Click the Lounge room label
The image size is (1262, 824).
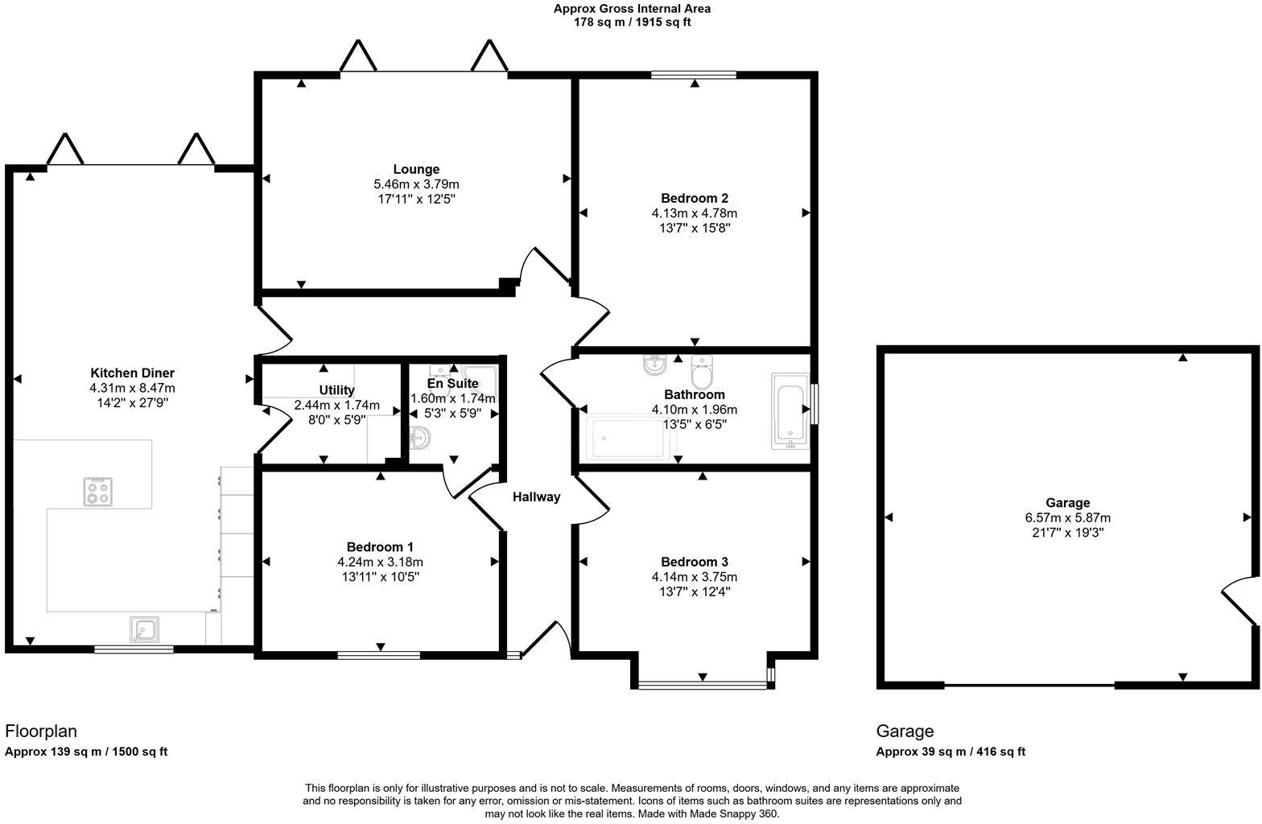click(x=416, y=170)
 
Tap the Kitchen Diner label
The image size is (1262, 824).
click(x=132, y=373)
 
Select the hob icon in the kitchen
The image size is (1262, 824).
click(x=98, y=491)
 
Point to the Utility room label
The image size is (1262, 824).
click(x=336, y=390)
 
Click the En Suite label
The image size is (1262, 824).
click(x=453, y=384)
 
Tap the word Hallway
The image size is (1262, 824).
click(x=536, y=497)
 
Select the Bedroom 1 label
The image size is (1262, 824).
click(x=380, y=547)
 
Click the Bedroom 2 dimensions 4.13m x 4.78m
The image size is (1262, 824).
click(x=694, y=213)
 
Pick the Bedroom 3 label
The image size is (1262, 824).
click(x=694, y=562)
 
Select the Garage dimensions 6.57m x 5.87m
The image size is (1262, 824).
click(x=1067, y=518)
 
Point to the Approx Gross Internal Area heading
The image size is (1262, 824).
click(x=632, y=9)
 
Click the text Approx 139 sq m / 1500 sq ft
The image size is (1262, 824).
click(x=86, y=752)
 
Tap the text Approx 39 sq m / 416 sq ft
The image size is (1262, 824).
click(x=951, y=752)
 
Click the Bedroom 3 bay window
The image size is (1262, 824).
click(x=703, y=686)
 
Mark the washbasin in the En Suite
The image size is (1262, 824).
click(x=419, y=439)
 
